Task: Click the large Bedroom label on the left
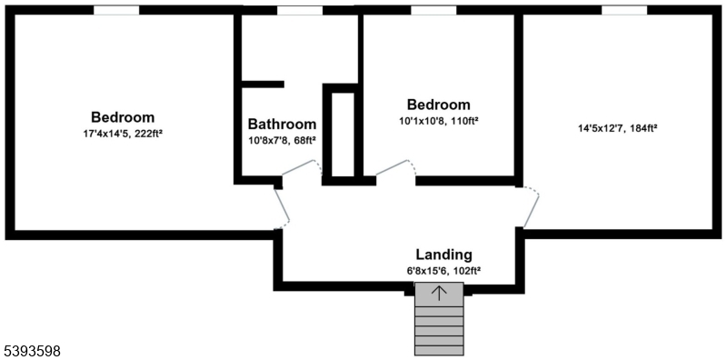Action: pos(123,117)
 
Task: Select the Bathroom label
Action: pos(282,124)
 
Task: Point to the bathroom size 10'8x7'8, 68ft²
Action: pos(282,140)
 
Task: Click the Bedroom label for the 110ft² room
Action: pos(439,105)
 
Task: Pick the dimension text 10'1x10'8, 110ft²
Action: pos(439,120)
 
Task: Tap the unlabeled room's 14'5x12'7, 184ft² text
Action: pos(618,128)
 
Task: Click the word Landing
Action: pos(443,255)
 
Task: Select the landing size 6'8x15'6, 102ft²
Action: pos(443,270)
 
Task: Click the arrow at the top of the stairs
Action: pos(440,292)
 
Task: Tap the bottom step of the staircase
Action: pos(440,349)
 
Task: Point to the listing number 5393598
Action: pos(34,349)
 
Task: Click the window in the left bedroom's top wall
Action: pos(116,10)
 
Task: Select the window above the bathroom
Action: pos(299,10)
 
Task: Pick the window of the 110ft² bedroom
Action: pos(433,10)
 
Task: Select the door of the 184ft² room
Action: pos(531,207)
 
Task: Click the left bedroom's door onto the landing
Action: pos(284,207)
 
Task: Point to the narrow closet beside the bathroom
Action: pos(343,134)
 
